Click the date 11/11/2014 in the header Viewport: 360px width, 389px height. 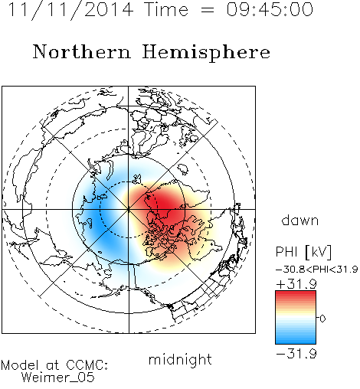tap(70, 10)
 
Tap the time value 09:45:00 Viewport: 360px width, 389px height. tap(270, 9)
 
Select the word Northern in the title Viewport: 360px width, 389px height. tap(82, 51)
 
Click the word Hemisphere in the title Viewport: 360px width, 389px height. tap(206, 53)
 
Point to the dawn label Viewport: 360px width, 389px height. tap(300, 220)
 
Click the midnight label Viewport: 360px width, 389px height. tap(180, 360)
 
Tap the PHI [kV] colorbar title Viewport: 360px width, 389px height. tap(303, 252)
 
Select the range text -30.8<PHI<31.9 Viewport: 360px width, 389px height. tap(317, 270)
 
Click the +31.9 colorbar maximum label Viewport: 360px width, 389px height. tap(296, 284)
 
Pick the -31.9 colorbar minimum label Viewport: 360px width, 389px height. tap(296, 354)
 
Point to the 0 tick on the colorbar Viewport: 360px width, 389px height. tap(322, 319)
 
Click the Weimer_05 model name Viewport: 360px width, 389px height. tap(58, 378)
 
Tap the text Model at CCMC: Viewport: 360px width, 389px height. tap(54, 365)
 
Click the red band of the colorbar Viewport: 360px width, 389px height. tap(296, 297)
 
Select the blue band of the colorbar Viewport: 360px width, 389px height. tap(296, 337)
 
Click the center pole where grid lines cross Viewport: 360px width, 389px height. tap(129, 209)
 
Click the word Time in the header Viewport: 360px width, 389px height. tap(166, 9)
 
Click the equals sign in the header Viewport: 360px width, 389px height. tap(207, 10)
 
